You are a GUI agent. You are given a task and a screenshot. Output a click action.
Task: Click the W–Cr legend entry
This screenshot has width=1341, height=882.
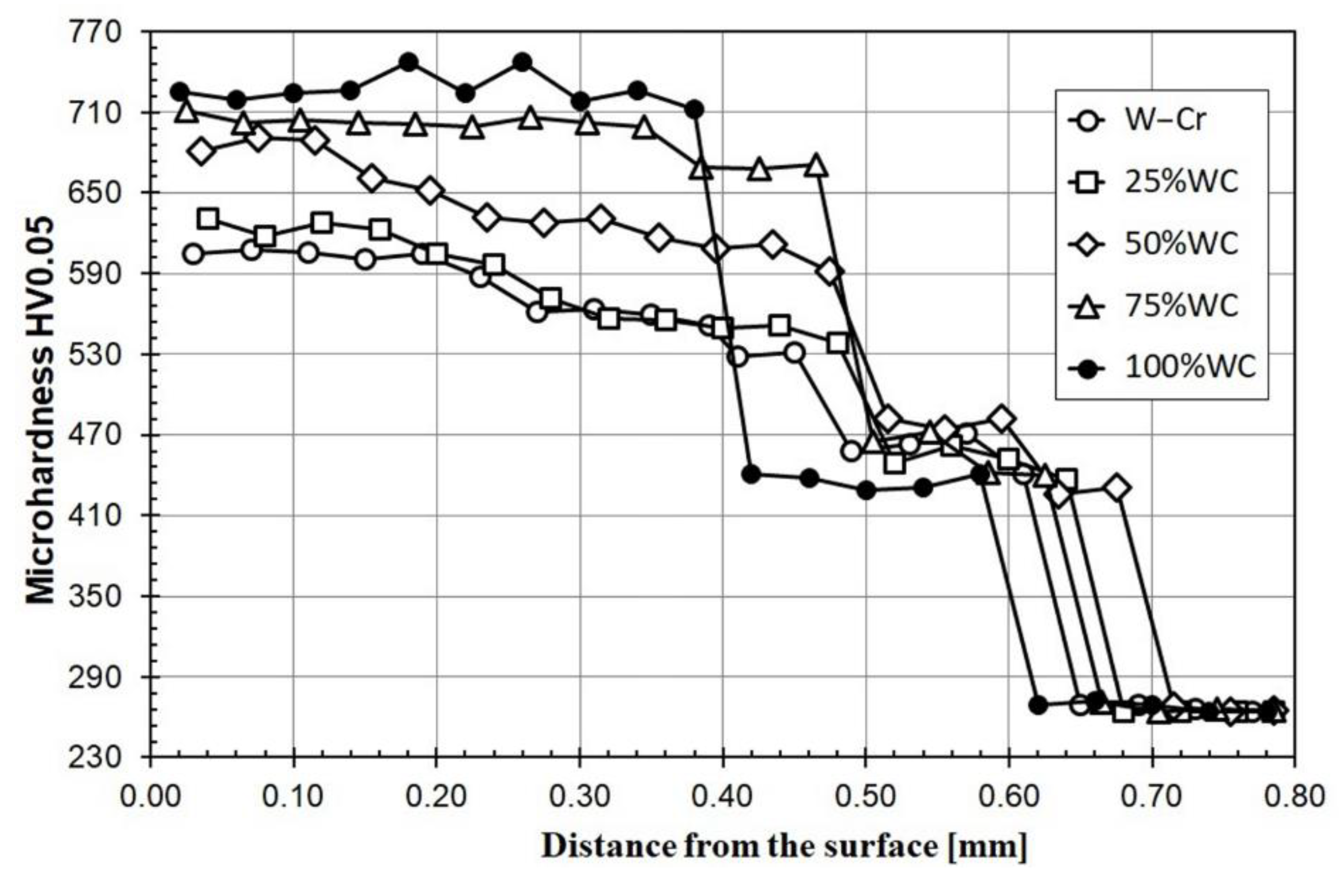1163,119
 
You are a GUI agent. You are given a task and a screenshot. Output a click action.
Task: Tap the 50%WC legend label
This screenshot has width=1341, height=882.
1181,244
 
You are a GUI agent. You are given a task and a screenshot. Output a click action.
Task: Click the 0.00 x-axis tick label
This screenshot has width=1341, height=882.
150,796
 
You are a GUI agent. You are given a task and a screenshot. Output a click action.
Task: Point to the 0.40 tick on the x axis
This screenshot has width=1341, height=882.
723,796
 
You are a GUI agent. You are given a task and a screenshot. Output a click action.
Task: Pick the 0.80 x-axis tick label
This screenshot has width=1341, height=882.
1294,796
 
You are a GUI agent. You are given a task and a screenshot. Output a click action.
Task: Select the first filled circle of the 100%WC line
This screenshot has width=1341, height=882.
180,91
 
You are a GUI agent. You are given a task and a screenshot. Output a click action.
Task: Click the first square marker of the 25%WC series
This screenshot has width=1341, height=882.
208,219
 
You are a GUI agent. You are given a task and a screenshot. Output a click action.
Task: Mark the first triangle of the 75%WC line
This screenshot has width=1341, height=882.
186,111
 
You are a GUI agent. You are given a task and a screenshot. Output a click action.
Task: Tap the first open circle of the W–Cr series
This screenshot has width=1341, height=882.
193,254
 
